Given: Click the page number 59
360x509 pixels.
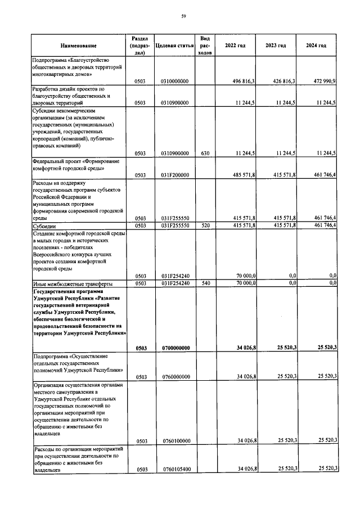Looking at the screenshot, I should [x=183, y=16].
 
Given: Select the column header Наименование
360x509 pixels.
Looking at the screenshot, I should [x=79, y=46].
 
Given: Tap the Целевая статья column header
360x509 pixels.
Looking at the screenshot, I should [x=174, y=46].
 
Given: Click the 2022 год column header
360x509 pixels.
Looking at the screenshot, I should [x=236, y=46].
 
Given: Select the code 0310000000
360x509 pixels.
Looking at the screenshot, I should [x=174, y=82].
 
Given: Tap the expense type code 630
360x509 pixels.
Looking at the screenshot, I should [x=205, y=153].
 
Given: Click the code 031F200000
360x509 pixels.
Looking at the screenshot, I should [x=174, y=175].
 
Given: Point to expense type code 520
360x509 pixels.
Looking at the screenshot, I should [x=205, y=226].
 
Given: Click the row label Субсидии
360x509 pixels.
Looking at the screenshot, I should [x=43, y=226].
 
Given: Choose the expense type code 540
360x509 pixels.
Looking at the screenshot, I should [x=205, y=283].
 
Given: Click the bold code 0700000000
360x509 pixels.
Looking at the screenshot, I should [x=174, y=348].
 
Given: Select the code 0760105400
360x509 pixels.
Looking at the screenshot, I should [x=174, y=469].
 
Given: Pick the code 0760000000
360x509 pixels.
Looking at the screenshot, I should [x=174, y=377].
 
